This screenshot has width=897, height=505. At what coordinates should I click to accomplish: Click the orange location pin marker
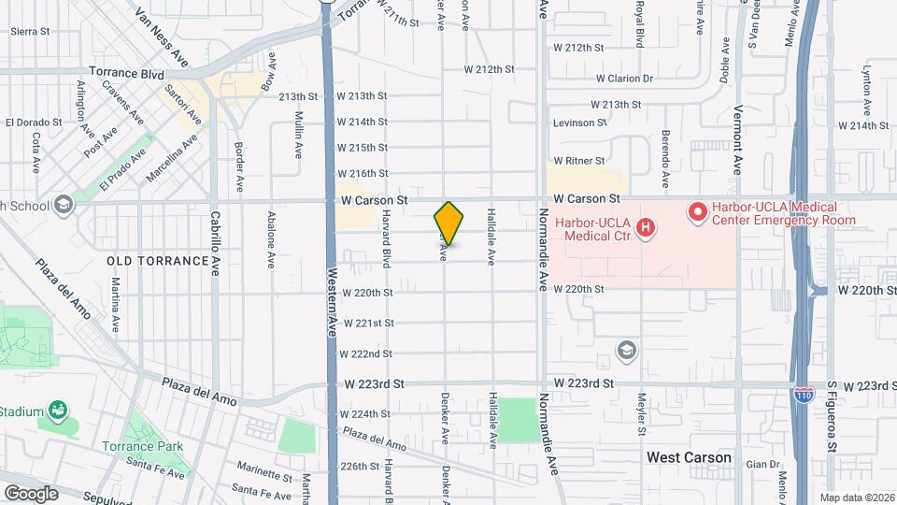click(448, 224)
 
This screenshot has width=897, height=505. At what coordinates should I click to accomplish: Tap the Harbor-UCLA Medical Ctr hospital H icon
click(644, 227)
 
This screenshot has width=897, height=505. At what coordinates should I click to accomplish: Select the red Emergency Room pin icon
click(696, 213)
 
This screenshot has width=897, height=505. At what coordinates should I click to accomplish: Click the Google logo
click(31, 493)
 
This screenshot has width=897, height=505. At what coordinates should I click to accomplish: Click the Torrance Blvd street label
click(126, 72)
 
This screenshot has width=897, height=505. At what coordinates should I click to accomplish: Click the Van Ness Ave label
click(162, 38)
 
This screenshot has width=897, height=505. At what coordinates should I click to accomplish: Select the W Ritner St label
click(588, 161)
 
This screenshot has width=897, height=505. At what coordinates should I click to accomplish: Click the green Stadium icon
click(59, 410)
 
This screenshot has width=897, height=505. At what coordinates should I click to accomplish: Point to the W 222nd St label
click(365, 353)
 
